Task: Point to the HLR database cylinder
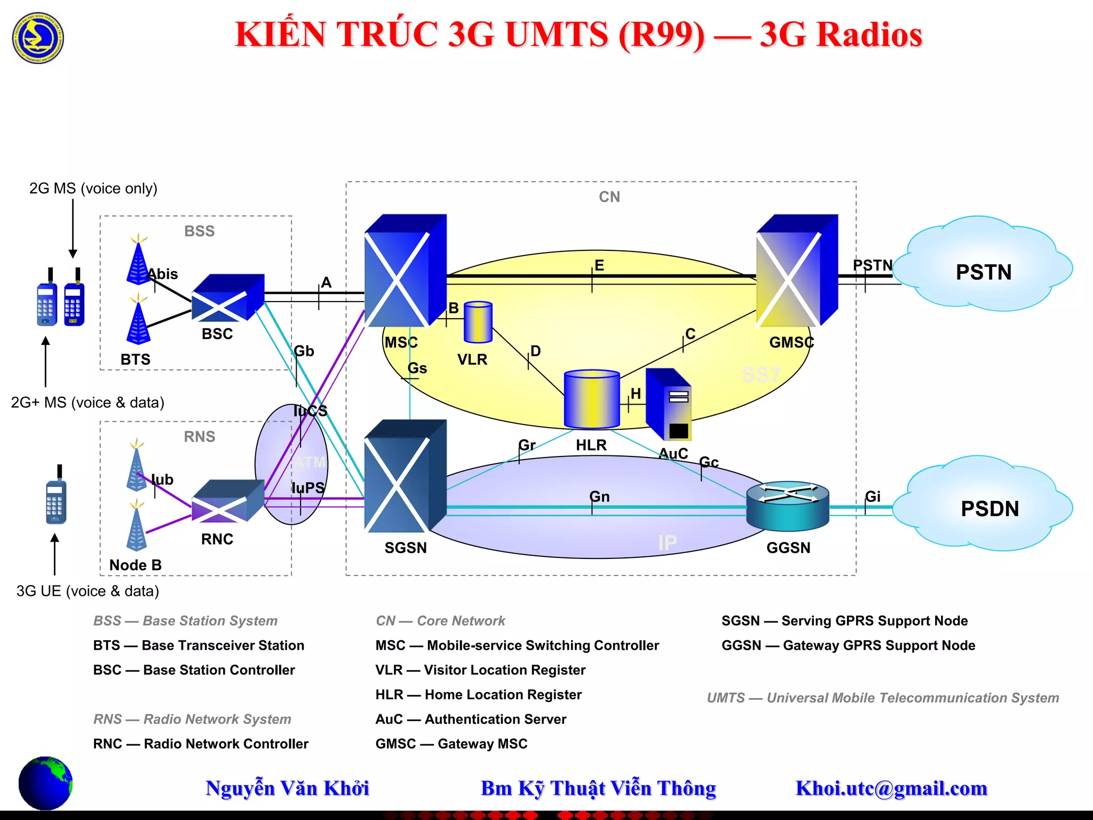click(591, 399)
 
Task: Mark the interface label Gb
click(304, 351)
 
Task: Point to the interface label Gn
click(599, 496)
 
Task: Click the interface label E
click(599, 265)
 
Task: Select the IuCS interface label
click(310, 411)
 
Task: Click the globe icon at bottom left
click(45, 783)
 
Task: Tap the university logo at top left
click(38, 38)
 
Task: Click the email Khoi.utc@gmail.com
click(891, 789)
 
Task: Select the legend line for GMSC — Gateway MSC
click(451, 744)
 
